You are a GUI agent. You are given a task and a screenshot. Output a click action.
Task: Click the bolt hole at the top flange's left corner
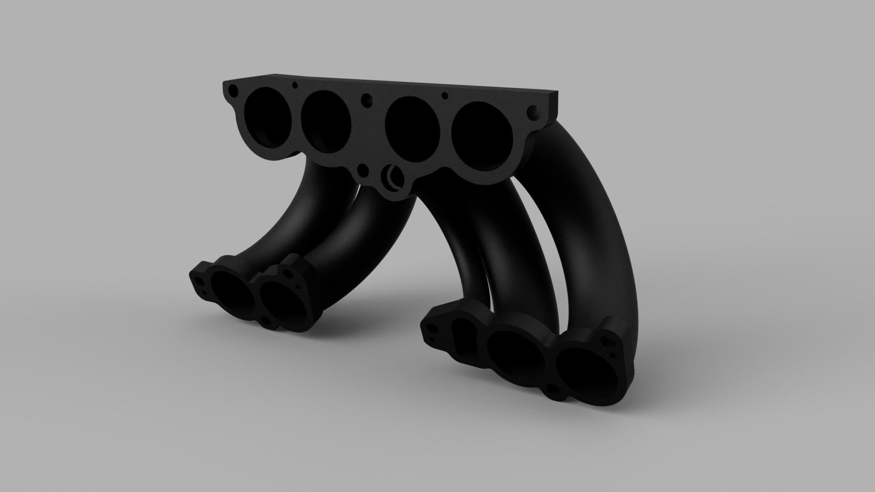pyautogui.click(x=233, y=90)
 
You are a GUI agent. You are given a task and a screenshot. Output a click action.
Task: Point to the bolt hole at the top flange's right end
pyautogui.click(x=532, y=111)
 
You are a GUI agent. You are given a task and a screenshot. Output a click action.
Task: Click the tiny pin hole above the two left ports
pyautogui.click(x=295, y=85)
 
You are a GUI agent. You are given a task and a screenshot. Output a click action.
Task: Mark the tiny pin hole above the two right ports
pyautogui.click(x=445, y=95)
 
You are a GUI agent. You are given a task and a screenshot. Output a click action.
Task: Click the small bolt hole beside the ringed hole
pyautogui.click(x=363, y=172)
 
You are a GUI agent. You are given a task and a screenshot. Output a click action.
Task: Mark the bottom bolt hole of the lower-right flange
pyautogui.click(x=552, y=389)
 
